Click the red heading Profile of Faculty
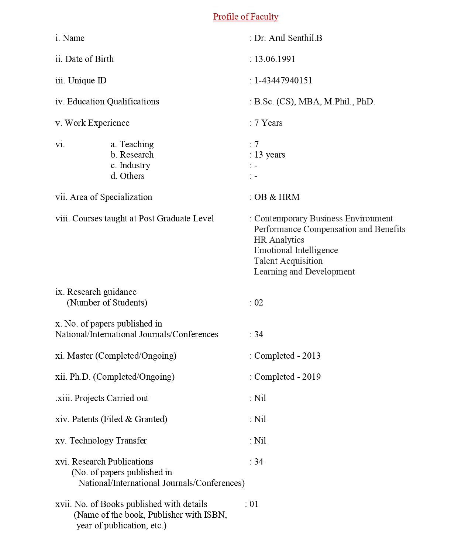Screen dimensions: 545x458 [x=245, y=17]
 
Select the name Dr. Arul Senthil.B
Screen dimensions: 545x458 [x=288, y=38]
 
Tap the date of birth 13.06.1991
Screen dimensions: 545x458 [x=275, y=59]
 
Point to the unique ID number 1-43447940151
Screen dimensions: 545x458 [x=283, y=80]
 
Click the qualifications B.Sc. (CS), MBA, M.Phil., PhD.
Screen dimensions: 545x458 [x=314, y=101]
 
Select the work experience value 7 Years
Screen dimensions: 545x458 [x=268, y=123]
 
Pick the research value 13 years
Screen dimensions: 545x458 [x=269, y=155]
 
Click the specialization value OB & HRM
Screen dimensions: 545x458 [x=277, y=197]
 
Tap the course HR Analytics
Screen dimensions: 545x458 [x=279, y=240]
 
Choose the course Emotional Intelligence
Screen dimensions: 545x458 [x=296, y=250]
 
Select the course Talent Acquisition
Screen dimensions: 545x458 [x=288, y=261]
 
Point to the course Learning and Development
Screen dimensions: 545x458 [x=304, y=272]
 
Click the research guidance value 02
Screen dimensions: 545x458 [x=258, y=303]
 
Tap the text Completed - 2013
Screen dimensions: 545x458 [x=287, y=356]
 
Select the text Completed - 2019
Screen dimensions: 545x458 [x=287, y=377]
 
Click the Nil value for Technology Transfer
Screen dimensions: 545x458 [x=260, y=441]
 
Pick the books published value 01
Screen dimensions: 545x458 [x=254, y=504]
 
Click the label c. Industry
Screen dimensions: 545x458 [x=130, y=165]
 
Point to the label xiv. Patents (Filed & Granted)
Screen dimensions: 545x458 [x=111, y=419]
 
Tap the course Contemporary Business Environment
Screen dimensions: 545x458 [x=323, y=218]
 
